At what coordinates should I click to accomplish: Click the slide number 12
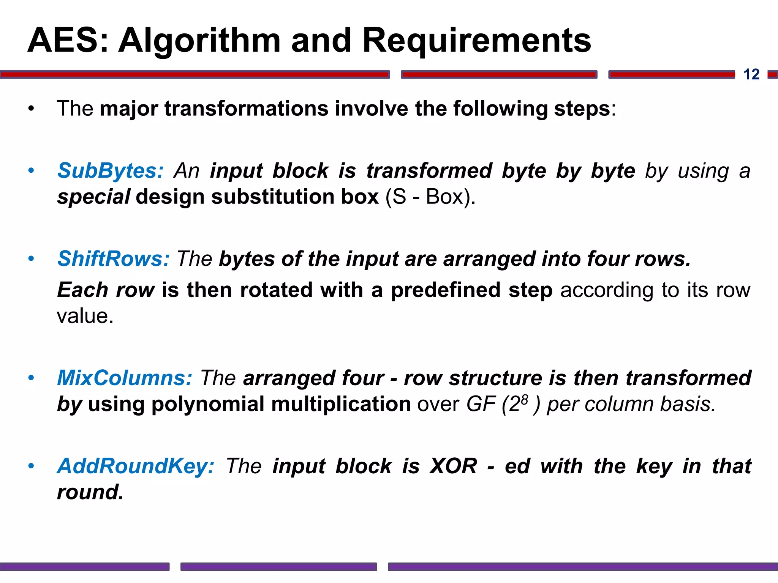(751, 74)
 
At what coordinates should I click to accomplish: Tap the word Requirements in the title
(476, 41)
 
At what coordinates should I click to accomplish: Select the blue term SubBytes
(110, 171)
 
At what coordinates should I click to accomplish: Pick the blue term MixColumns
(124, 378)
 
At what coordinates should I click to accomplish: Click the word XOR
(453, 466)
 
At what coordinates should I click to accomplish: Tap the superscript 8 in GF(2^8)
(525, 399)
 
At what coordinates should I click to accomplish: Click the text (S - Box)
(430, 197)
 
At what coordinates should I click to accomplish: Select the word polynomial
(207, 404)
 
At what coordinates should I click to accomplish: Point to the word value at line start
(84, 316)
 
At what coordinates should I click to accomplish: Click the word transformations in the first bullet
(246, 109)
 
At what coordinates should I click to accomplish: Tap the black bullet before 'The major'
(31, 109)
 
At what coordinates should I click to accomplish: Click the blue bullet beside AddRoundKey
(31, 466)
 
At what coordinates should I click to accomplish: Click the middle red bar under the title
(499, 74)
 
